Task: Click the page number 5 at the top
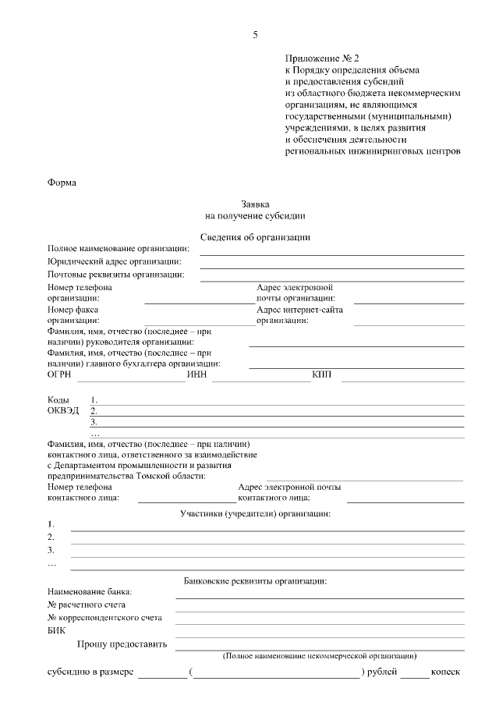255,34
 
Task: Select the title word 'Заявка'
255,203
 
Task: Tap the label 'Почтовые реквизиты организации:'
115,275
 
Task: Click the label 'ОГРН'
59,375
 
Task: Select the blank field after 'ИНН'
260,380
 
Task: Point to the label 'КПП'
322,375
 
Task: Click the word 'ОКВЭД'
63,410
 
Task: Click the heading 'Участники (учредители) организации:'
255,513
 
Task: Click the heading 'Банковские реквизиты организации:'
255,580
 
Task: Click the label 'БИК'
57,631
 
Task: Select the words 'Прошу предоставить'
122,644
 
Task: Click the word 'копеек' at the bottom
447,671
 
